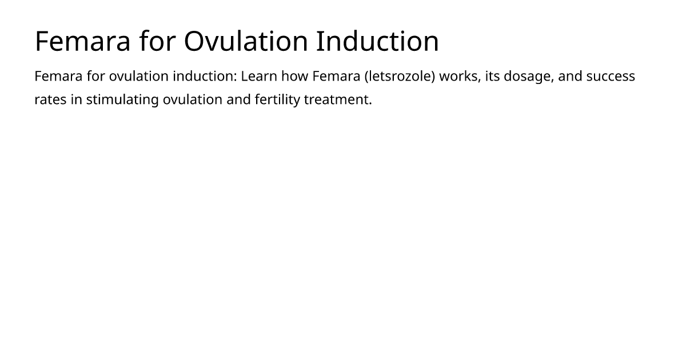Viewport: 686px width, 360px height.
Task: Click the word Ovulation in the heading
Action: tap(246, 41)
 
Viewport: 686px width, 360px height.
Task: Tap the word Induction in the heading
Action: tap(378, 41)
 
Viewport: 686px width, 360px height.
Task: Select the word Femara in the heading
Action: tap(83, 41)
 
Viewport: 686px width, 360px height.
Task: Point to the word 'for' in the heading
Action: tap(157, 41)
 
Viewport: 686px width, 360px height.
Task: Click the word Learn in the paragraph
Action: tap(259, 76)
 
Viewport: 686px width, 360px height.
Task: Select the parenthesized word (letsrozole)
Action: tap(400, 76)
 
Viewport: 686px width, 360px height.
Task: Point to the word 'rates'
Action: tap(50, 100)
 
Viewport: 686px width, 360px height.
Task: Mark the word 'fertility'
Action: tap(277, 100)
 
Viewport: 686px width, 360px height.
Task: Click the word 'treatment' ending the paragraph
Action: tap(338, 100)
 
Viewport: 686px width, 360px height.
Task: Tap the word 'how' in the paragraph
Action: tap(294, 76)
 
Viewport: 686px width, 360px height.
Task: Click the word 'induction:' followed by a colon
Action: tap(205, 76)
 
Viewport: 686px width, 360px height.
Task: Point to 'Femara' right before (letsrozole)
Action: tap(336, 76)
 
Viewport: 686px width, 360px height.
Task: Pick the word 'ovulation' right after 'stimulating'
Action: tap(192, 100)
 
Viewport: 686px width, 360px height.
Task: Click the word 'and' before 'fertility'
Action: tap(238, 100)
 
